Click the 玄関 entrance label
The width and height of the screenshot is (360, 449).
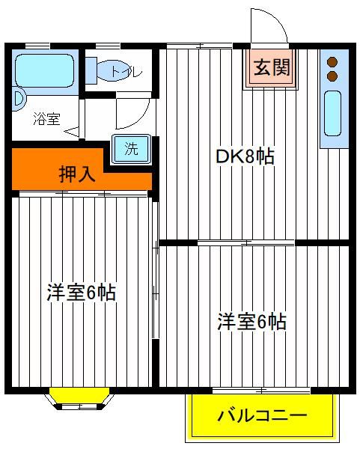point(272,67)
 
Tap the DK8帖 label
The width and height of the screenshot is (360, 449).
point(245,156)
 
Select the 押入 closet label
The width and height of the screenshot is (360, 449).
point(77,174)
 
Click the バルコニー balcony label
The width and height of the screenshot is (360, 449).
point(262,415)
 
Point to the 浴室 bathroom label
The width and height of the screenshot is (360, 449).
point(46,119)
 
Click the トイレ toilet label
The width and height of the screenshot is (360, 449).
point(126,71)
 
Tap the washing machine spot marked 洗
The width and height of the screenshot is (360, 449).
point(132,149)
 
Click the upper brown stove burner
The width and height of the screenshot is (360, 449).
point(332,62)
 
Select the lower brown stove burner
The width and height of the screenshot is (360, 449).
point(332,76)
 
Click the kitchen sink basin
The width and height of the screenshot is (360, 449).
point(332,114)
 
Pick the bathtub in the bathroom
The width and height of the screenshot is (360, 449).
point(45,71)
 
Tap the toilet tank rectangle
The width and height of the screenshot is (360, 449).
point(91,70)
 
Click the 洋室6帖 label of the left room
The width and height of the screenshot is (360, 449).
point(81,293)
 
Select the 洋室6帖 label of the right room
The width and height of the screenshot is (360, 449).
point(251,322)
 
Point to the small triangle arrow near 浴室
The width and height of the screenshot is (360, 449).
point(72,132)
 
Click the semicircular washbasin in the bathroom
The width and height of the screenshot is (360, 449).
point(19,99)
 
